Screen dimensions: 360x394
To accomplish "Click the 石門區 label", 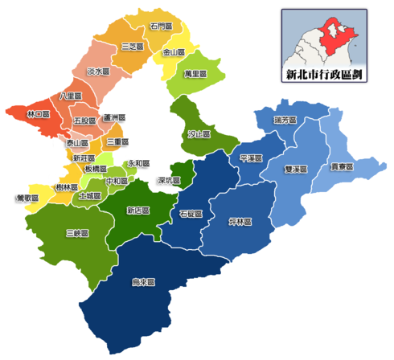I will point(161,27).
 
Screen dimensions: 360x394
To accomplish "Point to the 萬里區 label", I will point(195,73).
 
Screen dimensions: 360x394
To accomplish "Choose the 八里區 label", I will point(71,96).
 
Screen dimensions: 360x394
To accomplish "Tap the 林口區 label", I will point(39,114).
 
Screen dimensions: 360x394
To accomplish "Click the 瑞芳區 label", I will point(285,120).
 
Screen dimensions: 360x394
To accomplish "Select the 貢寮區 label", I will point(344,168).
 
